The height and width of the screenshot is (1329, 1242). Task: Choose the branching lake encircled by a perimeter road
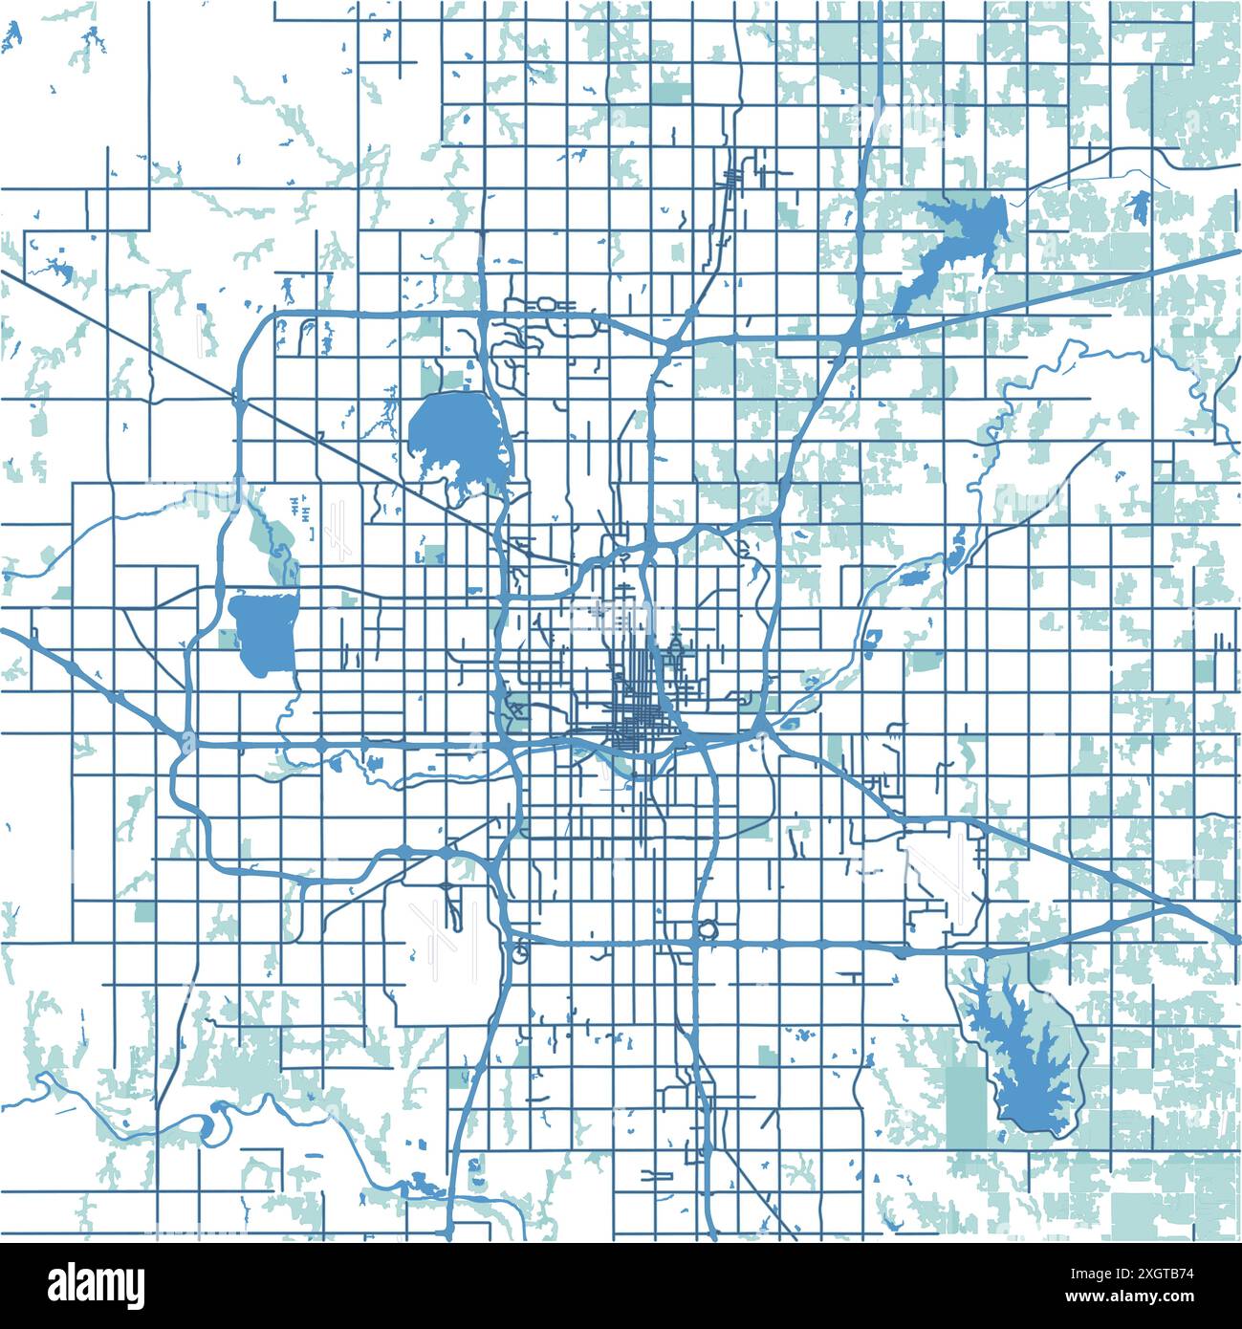click(x=1023, y=1061)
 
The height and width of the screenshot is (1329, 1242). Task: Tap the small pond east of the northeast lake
click(x=1139, y=205)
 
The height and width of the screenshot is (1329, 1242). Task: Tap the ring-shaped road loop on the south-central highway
click(x=708, y=927)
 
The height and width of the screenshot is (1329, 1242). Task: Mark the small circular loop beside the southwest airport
click(x=520, y=952)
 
